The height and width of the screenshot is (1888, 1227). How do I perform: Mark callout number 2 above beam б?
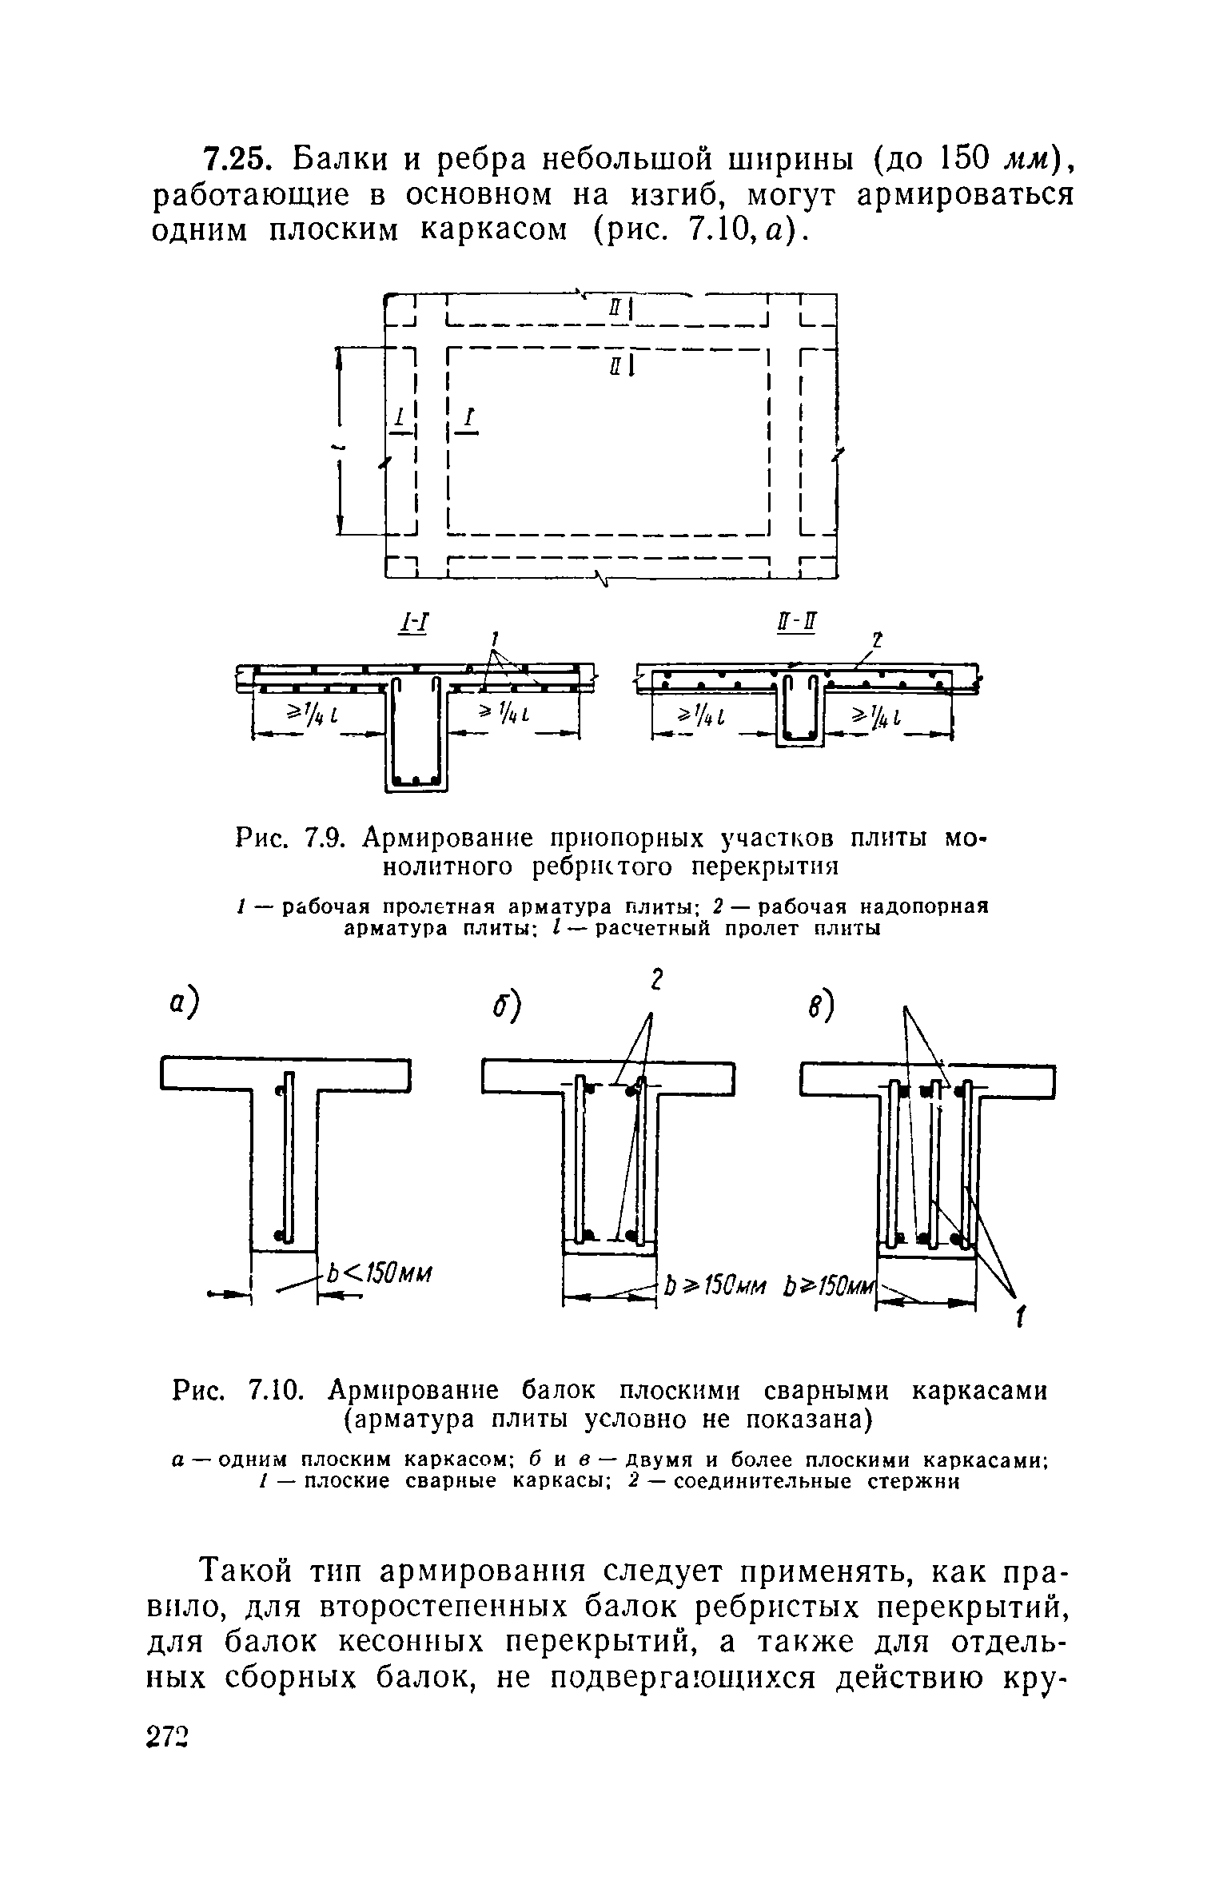tap(657, 982)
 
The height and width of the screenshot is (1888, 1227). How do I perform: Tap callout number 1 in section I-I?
tap(495, 639)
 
